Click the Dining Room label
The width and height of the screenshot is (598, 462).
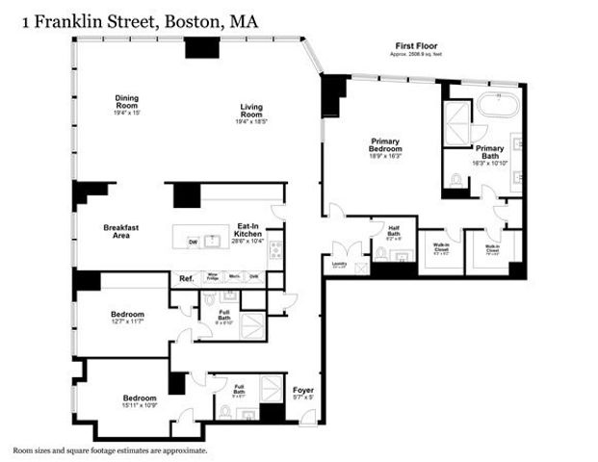click(127, 101)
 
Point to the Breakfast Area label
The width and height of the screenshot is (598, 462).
click(122, 231)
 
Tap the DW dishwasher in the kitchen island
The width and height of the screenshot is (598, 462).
click(194, 242)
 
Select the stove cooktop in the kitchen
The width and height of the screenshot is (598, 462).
click(275, 248)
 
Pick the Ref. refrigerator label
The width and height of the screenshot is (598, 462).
click(187, 279)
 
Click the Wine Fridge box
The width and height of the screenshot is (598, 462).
click(214, 277)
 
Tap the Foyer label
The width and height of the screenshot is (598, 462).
click(303, 390)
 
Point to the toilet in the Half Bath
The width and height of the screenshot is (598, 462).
click(380, 254)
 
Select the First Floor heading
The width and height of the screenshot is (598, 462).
click(416, 46)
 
